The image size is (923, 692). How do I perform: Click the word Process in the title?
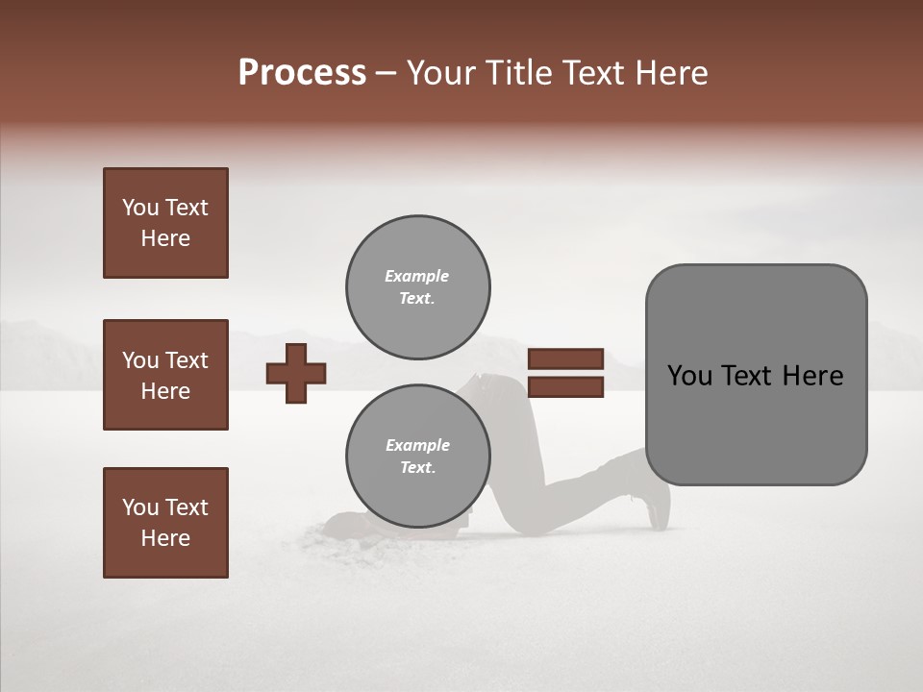(302, 73)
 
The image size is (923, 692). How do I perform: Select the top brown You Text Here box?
(165, 223)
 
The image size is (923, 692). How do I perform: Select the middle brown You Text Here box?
(165, 375)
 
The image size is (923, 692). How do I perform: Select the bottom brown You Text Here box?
(165, 523)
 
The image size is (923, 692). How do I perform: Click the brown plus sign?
(296, 373)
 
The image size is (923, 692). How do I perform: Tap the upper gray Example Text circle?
(418, 287)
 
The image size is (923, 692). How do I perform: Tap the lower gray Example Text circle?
(418, 457)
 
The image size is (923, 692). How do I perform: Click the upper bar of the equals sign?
(566, 358)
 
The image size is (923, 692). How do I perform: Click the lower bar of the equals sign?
(566, 387)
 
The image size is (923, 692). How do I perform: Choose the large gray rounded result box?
(756, 375)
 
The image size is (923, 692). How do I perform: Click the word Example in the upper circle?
(416, 276)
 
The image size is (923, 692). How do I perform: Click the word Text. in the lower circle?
(417, 468)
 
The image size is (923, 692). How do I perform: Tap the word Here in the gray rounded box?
(812, 376)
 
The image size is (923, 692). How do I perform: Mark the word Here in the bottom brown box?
(165, 538)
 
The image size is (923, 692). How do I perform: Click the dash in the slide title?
(387, 73)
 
